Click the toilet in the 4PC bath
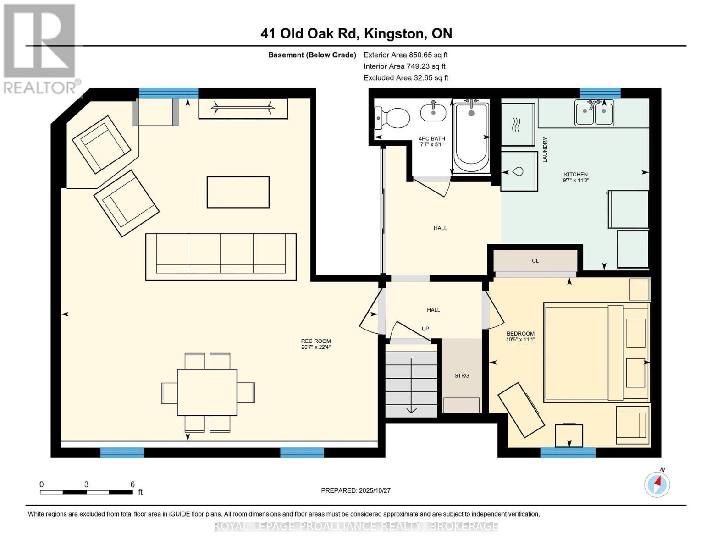[x=392, y=118]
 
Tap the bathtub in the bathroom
[x=471, y=137]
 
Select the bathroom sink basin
[x=433, y=112]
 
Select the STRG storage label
[x=462, y=375]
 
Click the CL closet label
[x=535, y=261]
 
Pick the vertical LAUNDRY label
[x=545, y=150]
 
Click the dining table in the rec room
[x=207, y=392]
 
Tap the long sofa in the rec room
[x=221, y=257]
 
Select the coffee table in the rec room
[x=238, y=192]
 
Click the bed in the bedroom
[x=596, y=352]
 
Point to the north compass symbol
[x=657, y=484]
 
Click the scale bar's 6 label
[x=132, y=484]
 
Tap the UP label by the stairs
[x=425, y=329]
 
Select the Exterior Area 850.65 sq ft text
[x=406, y=55]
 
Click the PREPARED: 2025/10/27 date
[x=356, y=490]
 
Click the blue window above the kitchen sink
[x=600, y=93]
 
